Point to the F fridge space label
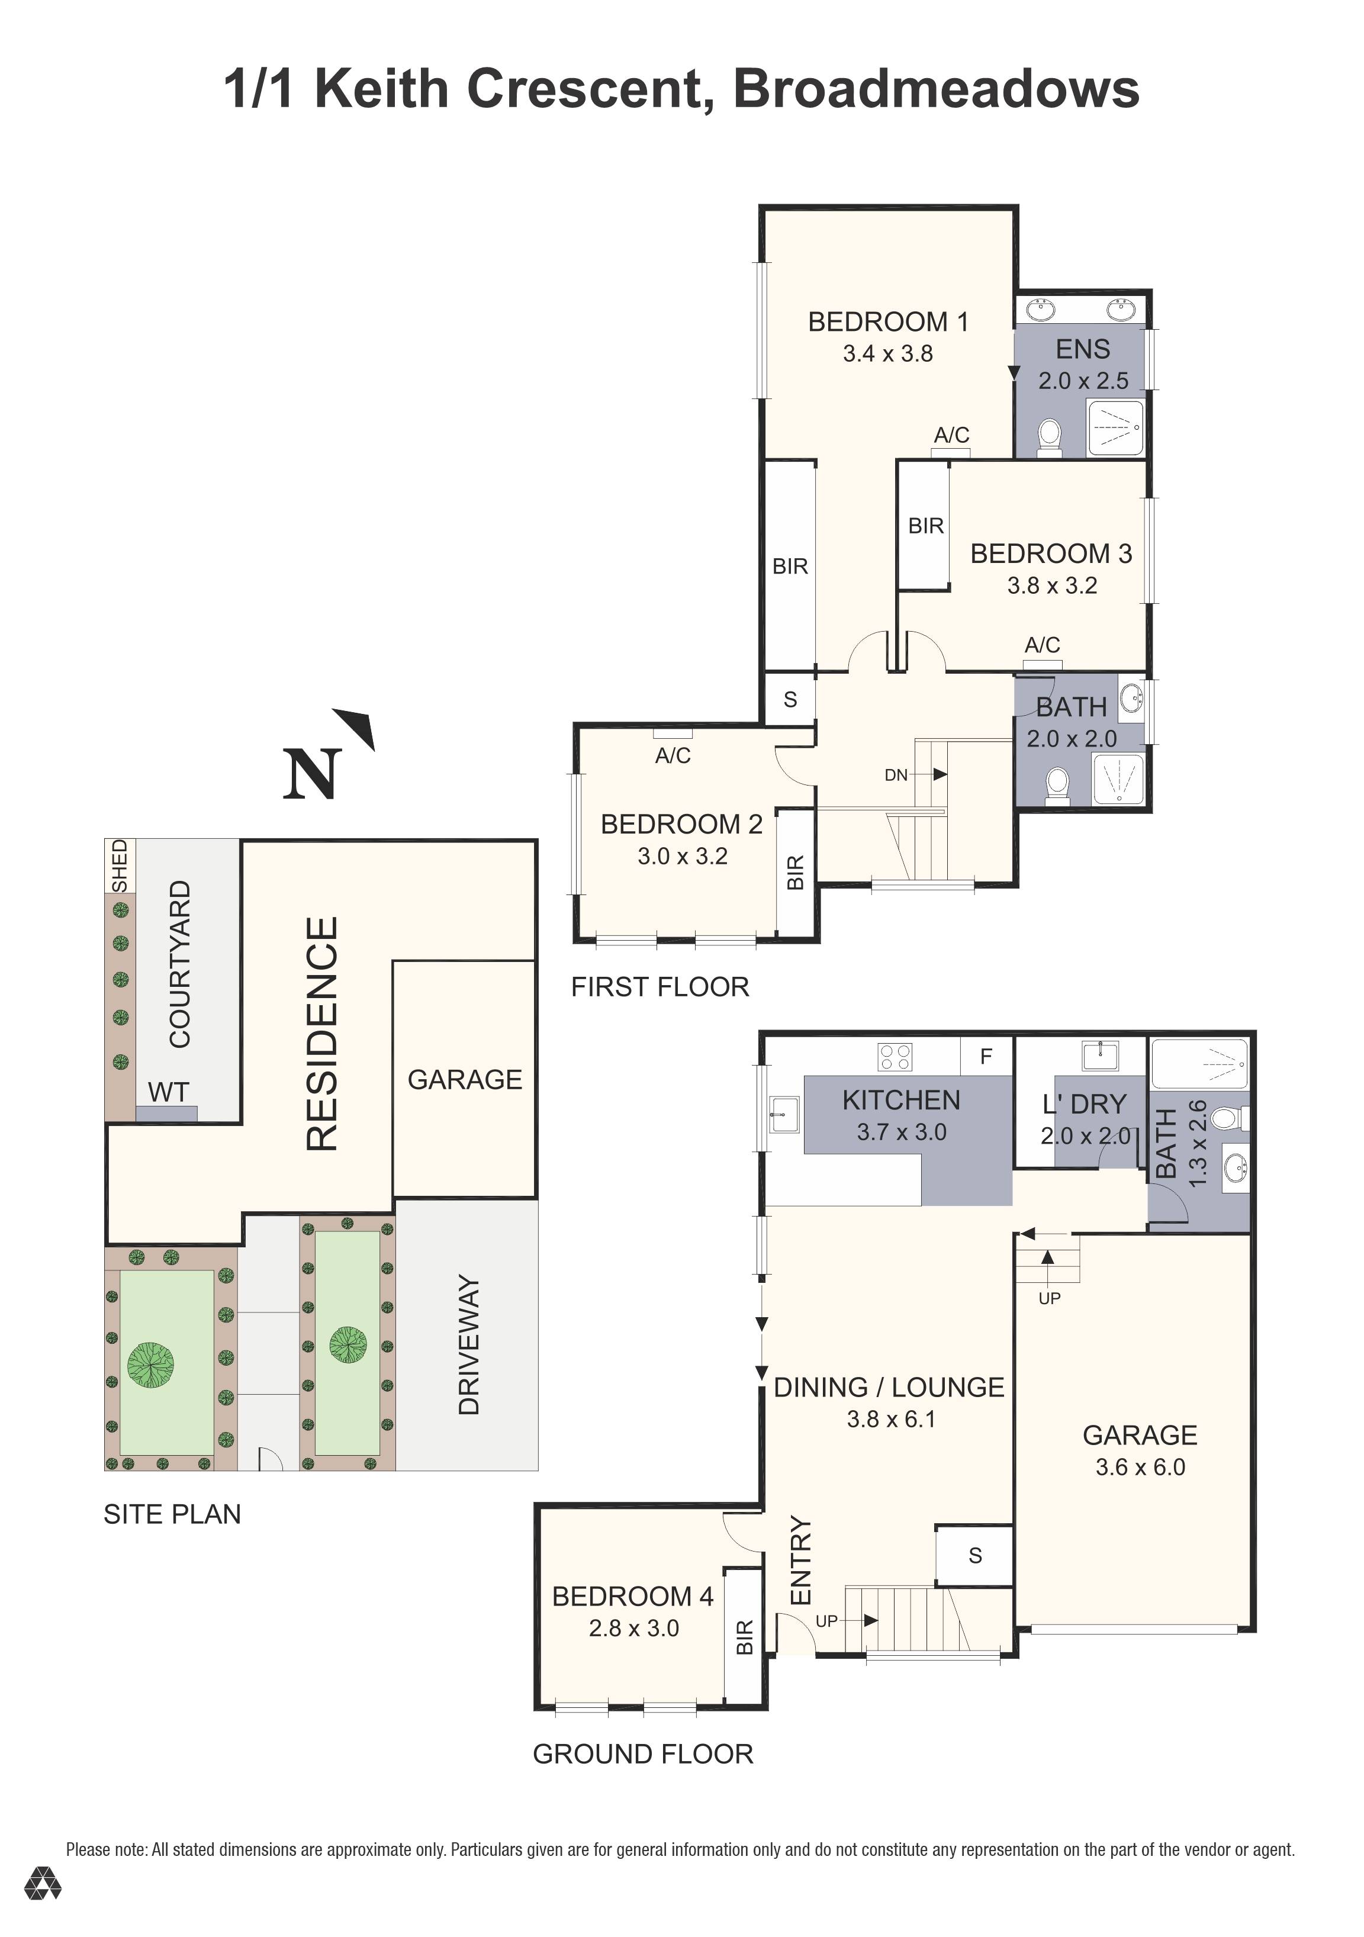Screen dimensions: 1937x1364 click(985, 1056)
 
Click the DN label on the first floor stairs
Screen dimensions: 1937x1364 click(896, 774)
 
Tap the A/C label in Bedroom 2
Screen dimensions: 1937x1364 click(673, 755)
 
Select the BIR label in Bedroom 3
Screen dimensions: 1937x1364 click(925, 526)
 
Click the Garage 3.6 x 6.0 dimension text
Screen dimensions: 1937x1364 click(1140, 1467)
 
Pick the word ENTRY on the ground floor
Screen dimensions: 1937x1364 click(800, 1560)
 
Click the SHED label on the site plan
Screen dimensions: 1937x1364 click(120, 865)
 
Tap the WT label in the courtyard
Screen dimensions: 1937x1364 click(168, 1092)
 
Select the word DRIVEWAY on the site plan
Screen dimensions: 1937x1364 click(468, 1345)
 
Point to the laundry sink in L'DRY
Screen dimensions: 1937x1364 click(1100, 1056)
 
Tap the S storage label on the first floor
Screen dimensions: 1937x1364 click(790, 699)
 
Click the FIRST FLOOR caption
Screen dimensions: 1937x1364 click(660, 986)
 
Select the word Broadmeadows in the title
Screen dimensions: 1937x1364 click(937, 89)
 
